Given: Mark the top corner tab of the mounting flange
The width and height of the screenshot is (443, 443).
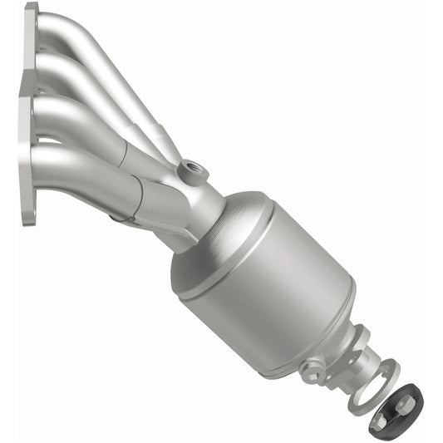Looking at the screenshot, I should pyautogui.click(x=32, y=10).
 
